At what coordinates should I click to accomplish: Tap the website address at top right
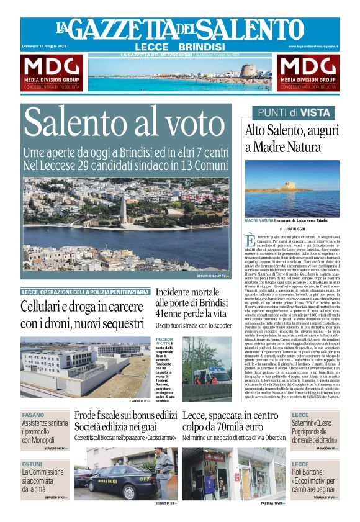pos(313,47)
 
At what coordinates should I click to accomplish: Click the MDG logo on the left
pos(52,73)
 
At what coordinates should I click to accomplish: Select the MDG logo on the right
pos(307,73)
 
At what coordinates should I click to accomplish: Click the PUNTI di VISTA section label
pos(293,112)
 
